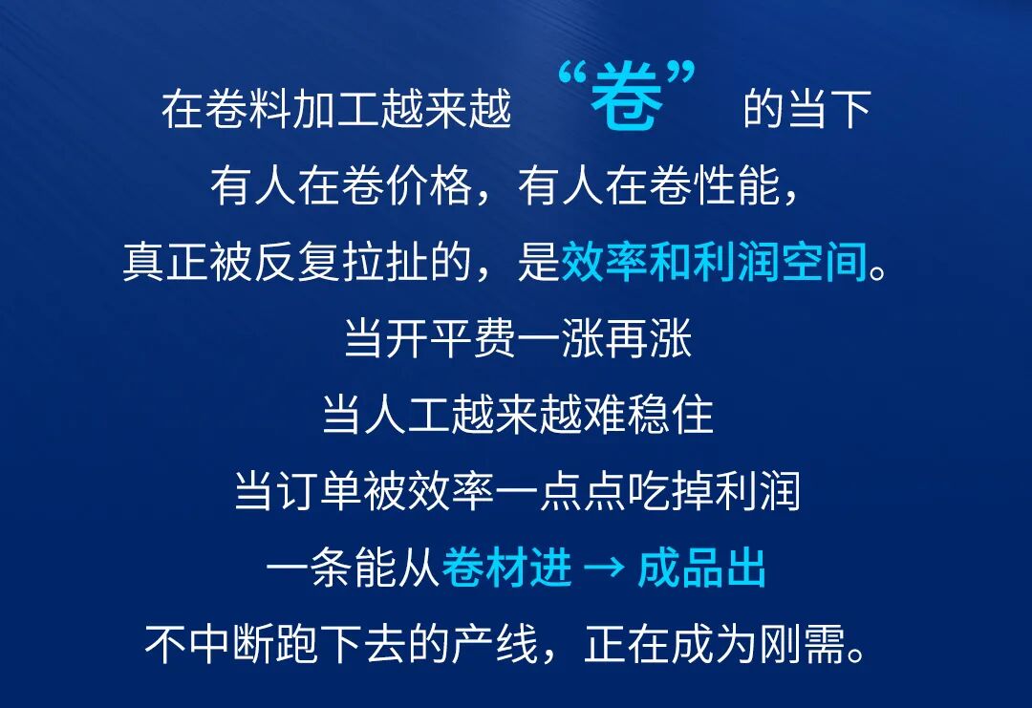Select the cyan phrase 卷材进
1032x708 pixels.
point(507,570)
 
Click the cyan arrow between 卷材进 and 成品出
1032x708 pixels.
point(604,570)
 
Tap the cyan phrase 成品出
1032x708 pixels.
point(701,570)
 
